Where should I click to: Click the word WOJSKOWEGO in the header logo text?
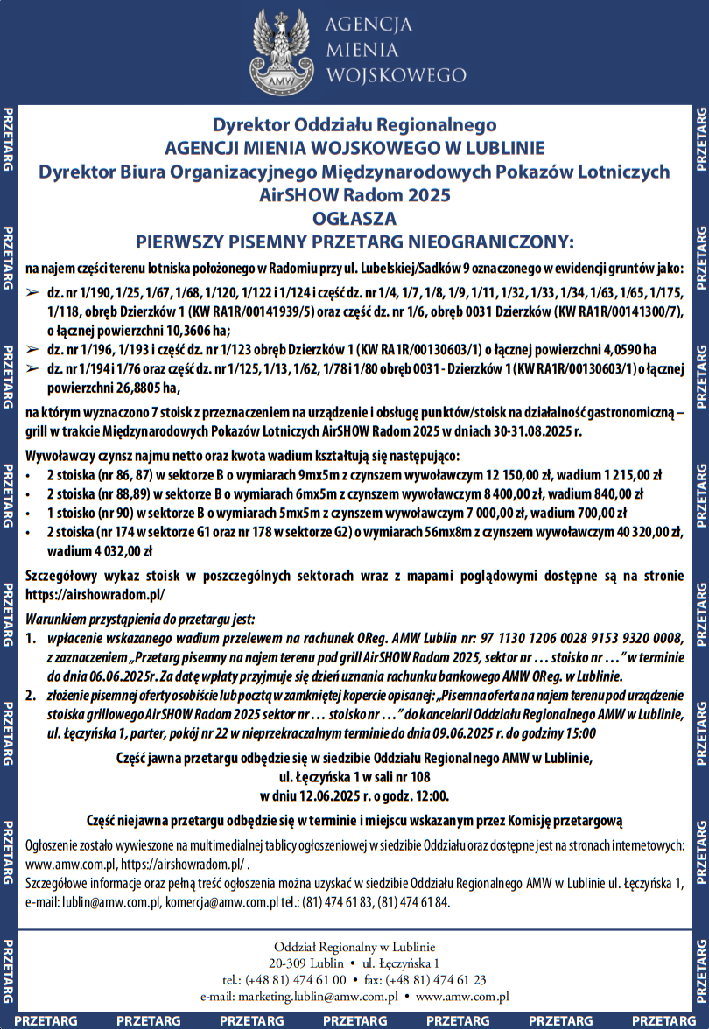(383, 75)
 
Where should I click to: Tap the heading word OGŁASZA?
(354, 218)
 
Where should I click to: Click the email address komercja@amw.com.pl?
(218, 902)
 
